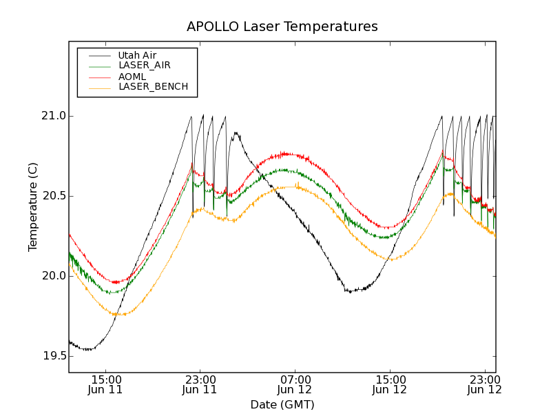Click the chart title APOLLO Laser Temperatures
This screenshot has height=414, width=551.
coord(282,27)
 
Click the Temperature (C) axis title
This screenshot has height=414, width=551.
coord(33,207)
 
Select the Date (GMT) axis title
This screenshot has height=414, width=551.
coord(282,404)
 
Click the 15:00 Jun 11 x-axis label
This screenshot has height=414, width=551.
coord(106,384)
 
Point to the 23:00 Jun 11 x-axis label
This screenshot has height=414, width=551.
coord(200,384)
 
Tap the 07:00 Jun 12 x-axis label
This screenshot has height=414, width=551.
coord(295,384)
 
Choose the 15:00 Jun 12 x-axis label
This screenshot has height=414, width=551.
coord(390,384)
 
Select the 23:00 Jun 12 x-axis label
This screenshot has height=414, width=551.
coord(484,384)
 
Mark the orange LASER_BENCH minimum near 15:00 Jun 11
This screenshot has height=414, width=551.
coord(119,315)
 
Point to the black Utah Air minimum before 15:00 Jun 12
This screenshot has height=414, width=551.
coord(351,291)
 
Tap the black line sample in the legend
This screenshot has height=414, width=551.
coord(96,55)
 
